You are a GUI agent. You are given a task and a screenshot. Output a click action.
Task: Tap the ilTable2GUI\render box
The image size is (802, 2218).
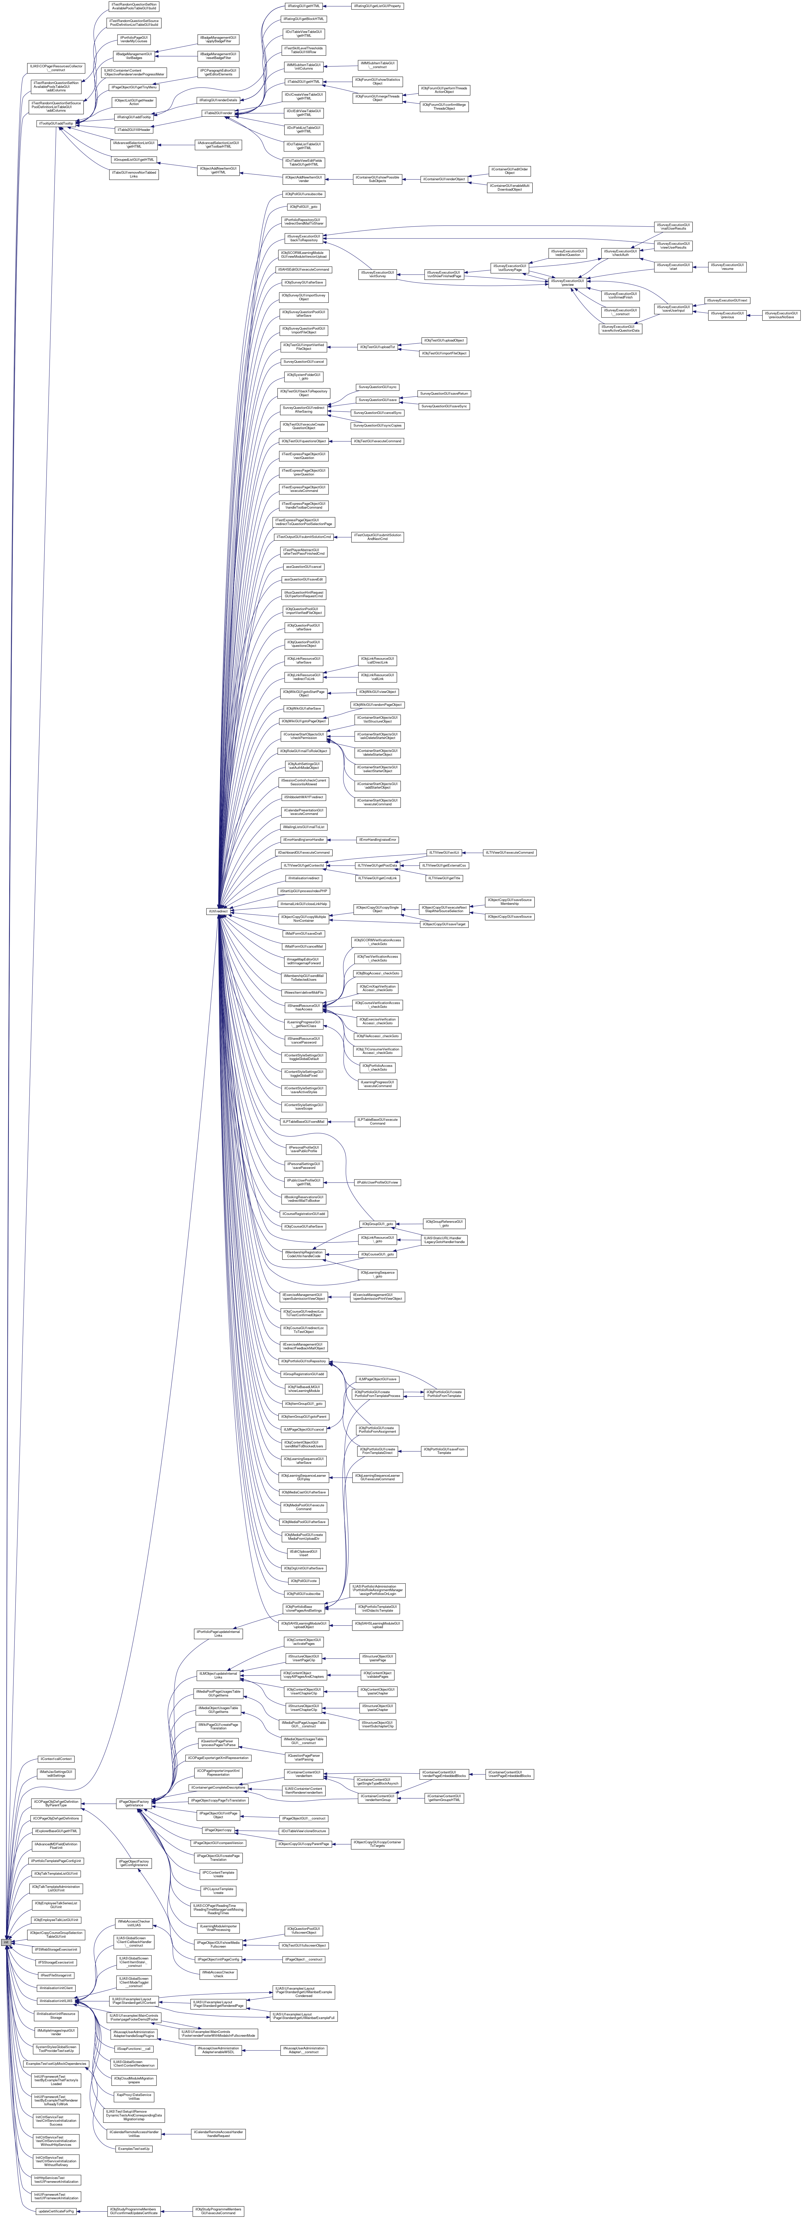[x=218, y=113]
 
